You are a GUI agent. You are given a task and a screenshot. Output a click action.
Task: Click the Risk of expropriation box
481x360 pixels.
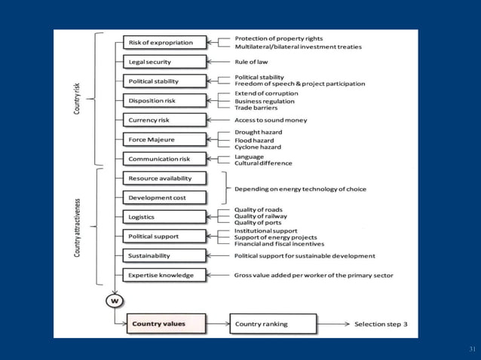point(163,42)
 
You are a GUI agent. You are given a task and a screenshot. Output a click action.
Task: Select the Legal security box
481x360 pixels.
point(163,62)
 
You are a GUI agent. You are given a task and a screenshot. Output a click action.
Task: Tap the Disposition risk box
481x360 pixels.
point(163,100)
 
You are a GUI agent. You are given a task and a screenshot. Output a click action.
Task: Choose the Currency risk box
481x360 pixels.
point(163,120)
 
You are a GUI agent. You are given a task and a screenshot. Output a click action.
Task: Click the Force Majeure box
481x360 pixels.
point(163,139)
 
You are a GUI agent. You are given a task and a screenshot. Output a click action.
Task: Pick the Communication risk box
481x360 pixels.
point(163,159)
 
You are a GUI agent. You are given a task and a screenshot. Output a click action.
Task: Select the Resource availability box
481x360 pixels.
point(163,178)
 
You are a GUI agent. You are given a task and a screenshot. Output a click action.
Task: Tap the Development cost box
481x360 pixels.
point(163,197)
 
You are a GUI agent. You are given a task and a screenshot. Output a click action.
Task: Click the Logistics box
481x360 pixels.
point(163,217)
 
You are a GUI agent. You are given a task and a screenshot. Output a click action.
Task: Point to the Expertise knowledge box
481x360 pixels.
point(163,276)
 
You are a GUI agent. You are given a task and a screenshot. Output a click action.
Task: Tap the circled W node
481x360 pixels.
point(115,301)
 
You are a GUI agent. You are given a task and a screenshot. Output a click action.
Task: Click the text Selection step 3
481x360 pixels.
point(381,325)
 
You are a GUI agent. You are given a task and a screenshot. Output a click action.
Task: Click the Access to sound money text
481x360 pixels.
point(272,120)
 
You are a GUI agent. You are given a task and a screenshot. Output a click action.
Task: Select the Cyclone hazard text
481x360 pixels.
point(258,147)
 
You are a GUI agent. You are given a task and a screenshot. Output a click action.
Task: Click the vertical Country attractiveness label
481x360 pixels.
point(77,227)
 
